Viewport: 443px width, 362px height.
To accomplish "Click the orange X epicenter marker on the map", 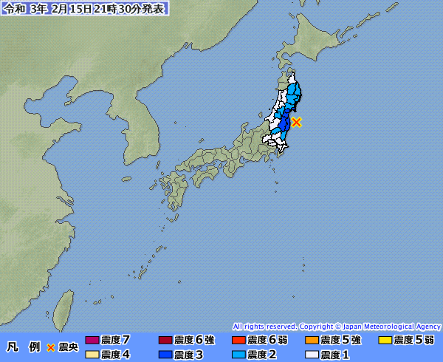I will pos(296,122).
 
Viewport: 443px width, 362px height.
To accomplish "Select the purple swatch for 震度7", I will pos(92,341).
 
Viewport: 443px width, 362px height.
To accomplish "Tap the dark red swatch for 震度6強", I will pos(165,341).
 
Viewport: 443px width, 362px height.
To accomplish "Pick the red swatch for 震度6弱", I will pos(238,341).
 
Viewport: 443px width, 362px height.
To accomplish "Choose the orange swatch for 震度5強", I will pos(312,341).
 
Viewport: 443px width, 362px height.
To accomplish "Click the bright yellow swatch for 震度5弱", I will pos(385,341).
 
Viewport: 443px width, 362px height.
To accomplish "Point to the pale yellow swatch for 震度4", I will pos(92,355).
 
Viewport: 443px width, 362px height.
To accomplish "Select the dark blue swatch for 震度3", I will pos(165,355).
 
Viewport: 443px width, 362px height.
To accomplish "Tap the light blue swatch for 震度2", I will pos(238,355).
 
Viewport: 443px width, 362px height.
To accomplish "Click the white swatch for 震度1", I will pos(312,355).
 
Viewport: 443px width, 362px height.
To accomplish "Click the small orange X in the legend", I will pos(51,347).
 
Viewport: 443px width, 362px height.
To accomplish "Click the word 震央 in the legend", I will pos(68,347).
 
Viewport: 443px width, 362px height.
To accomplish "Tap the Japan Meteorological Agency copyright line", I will pos(337,326).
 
